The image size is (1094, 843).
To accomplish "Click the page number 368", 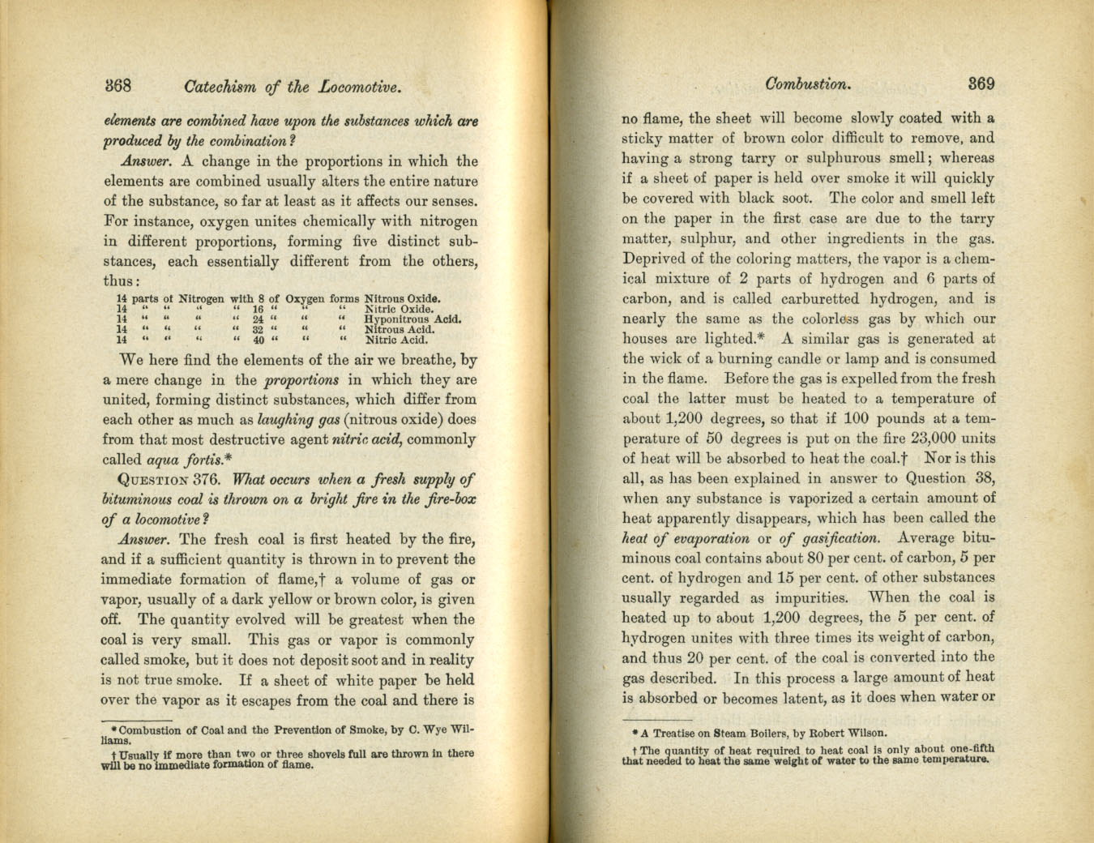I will pyautogui.click(x=118, y=86).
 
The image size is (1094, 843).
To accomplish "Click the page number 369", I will pyautogui.click(x=981, y=83).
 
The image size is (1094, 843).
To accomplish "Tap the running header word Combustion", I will pyautogui.click(x=807, y=83).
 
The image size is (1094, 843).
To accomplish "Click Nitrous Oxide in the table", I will pyautogui.click(x=403, y=298).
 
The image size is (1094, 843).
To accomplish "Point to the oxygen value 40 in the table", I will pyautogui.click(x=259, y=340).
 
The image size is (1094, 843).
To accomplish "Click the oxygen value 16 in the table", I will pyautogui.click(x=259, y=309).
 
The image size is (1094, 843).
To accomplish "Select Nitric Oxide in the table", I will pyautogui.click(x=400, y=309).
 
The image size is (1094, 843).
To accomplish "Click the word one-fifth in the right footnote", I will pyautogui.click(x=971, y=750).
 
